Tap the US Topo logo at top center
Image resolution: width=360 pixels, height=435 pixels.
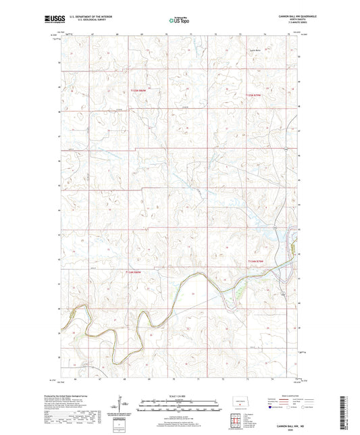174,22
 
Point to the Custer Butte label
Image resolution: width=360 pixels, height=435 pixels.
253,68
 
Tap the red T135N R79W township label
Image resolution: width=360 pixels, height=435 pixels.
252,95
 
